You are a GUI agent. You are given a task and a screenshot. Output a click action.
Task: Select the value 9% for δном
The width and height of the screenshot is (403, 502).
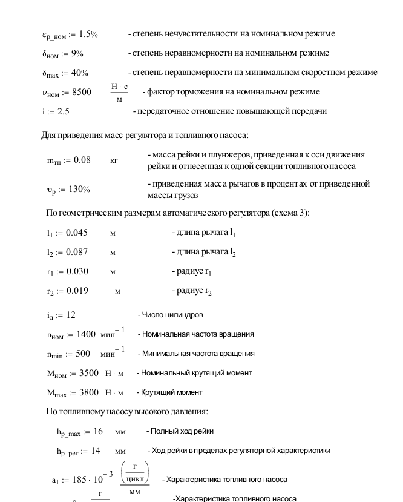click(x=77, y=53)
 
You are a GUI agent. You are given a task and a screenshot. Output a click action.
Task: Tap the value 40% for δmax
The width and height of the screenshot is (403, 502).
click(x=79, y=73)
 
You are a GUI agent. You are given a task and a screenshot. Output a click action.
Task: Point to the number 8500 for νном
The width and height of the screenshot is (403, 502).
click(x=80, y=92)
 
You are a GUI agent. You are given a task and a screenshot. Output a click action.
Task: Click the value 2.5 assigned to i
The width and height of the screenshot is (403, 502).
click(x=63, y=111)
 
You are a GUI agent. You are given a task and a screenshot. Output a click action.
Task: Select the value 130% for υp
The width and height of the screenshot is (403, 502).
click(x=77, y=189)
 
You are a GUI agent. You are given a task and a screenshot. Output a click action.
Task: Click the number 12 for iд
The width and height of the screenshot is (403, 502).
click(x=71, y=315)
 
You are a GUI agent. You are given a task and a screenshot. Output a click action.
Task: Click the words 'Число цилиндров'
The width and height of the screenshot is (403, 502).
click(x=172, y=315)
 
